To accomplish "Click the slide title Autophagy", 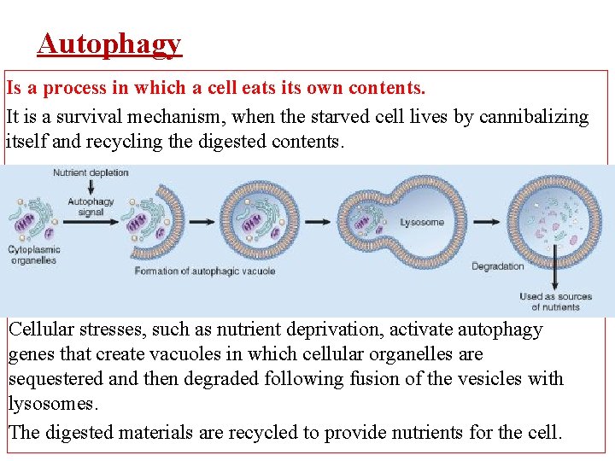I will pos(109,44).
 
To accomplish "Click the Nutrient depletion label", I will pos(91,172).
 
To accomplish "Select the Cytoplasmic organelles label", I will pos(33,254).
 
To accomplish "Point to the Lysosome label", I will pos(422,222).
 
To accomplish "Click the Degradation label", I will pos(498,266).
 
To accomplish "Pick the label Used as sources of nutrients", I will pos(555,301).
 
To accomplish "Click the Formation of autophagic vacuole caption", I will pos(204,271).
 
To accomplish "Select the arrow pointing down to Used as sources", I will pos(555,269).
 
